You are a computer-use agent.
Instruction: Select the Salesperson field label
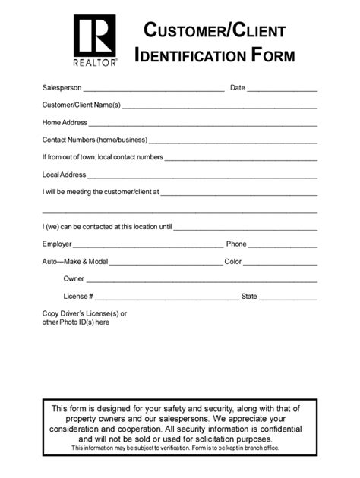click(x=62, y=88)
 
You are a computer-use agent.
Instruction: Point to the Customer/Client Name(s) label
click(x=81, y=105)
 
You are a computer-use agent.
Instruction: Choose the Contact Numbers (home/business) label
click(x=95, y=140)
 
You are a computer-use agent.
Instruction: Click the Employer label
click(x=57, y=244)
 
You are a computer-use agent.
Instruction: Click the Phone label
click(x=236, y=244)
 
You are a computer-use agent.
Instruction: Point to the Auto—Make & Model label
click(x=75, y=262)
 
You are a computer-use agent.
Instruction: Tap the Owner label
click(x=74, y=278)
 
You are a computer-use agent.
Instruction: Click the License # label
click(x=78, y=296)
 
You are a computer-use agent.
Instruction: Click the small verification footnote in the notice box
click(x=180, y=448)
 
